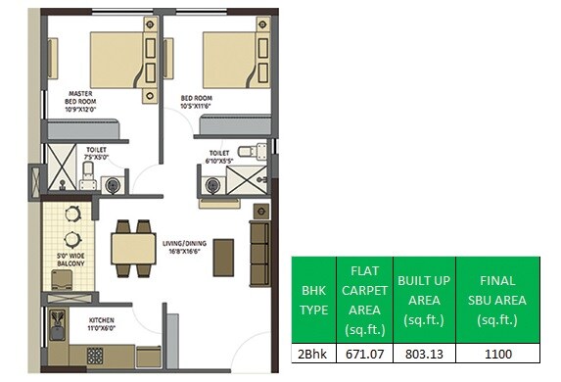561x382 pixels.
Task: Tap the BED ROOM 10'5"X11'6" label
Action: click(x=200, y=103)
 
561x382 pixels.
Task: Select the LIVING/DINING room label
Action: click(x=183, y=250)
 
